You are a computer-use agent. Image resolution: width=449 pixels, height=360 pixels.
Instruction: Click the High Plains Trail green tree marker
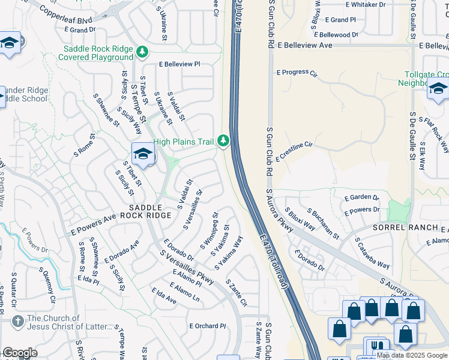[x=223, y=141]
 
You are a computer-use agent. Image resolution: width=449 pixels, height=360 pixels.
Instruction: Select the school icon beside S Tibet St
[x=143, y=154]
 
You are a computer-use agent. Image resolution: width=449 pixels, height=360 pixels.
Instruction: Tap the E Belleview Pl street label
[x=179, y=64]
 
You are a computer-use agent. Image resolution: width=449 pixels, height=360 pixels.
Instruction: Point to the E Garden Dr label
[x=361, y=197]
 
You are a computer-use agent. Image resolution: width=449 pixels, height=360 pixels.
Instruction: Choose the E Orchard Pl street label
[x=206, y=326]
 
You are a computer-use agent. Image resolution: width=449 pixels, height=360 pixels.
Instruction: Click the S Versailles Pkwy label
[x=187, y=267]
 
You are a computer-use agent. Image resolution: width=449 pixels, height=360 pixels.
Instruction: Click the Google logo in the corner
[x=20, y=353]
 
